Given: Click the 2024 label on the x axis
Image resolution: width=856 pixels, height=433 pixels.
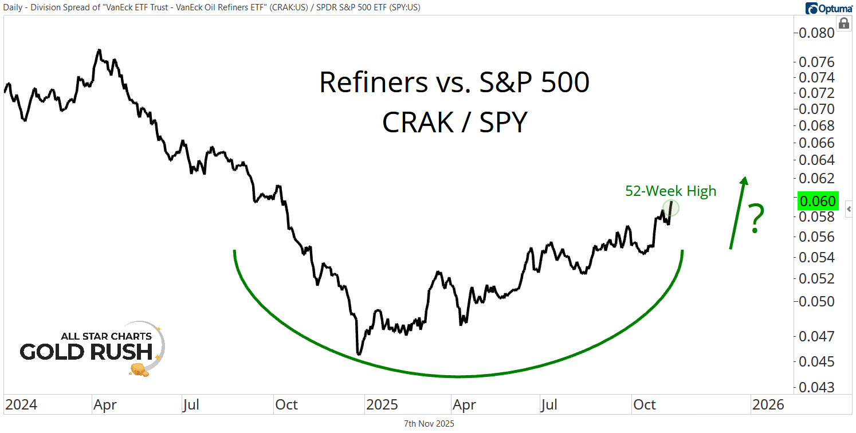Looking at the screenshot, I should coord(21,405).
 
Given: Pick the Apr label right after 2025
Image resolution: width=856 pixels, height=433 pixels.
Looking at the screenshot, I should coord(464,405).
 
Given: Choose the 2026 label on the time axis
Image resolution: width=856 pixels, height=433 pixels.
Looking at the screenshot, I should coord(768,405).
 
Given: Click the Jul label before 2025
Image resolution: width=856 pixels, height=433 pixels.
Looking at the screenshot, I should coord(190,405).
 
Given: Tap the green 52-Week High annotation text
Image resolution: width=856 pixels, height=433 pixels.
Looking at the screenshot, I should coord(670,191).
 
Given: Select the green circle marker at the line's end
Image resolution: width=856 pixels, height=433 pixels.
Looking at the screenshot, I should coord(671,207).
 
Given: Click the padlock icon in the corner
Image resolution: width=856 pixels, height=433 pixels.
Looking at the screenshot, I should coord(843,23).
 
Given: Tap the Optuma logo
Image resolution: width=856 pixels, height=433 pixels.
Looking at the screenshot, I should coord(828,9).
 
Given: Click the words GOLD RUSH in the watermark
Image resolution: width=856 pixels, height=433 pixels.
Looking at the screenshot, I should coord(86,352).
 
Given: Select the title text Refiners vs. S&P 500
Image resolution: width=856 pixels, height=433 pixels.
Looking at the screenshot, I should coord(454,83).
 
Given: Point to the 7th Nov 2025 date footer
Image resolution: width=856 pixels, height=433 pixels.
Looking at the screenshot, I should coord(429,424).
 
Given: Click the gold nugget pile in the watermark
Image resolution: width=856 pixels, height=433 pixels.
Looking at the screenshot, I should coord(139,369).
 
